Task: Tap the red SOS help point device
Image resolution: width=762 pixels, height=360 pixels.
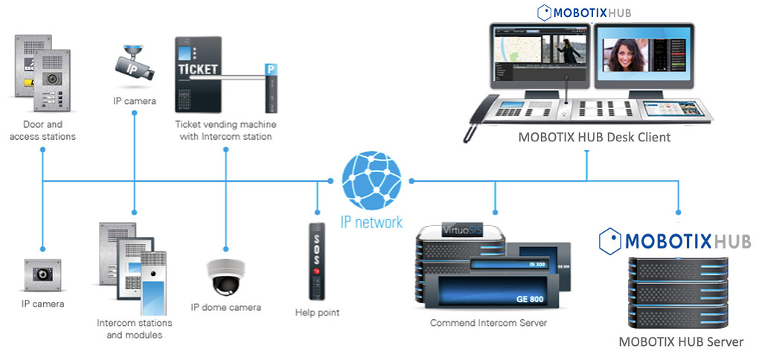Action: pos(317,260)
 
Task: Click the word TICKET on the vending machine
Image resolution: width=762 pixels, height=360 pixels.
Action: pos(197,69)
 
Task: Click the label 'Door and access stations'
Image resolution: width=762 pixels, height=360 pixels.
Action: pos(42,130)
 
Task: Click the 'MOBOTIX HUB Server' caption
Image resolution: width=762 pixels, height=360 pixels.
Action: pos(681,342)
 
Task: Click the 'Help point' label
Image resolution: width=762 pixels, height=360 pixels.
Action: pos(317,312)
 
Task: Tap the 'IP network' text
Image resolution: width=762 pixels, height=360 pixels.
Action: pos(372,221)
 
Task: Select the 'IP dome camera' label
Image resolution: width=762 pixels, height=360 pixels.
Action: pos(225,306)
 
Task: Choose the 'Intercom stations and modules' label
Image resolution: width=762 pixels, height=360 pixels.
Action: pos(134,329)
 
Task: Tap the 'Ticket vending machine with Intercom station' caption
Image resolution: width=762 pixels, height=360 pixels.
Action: pos(223,130)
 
